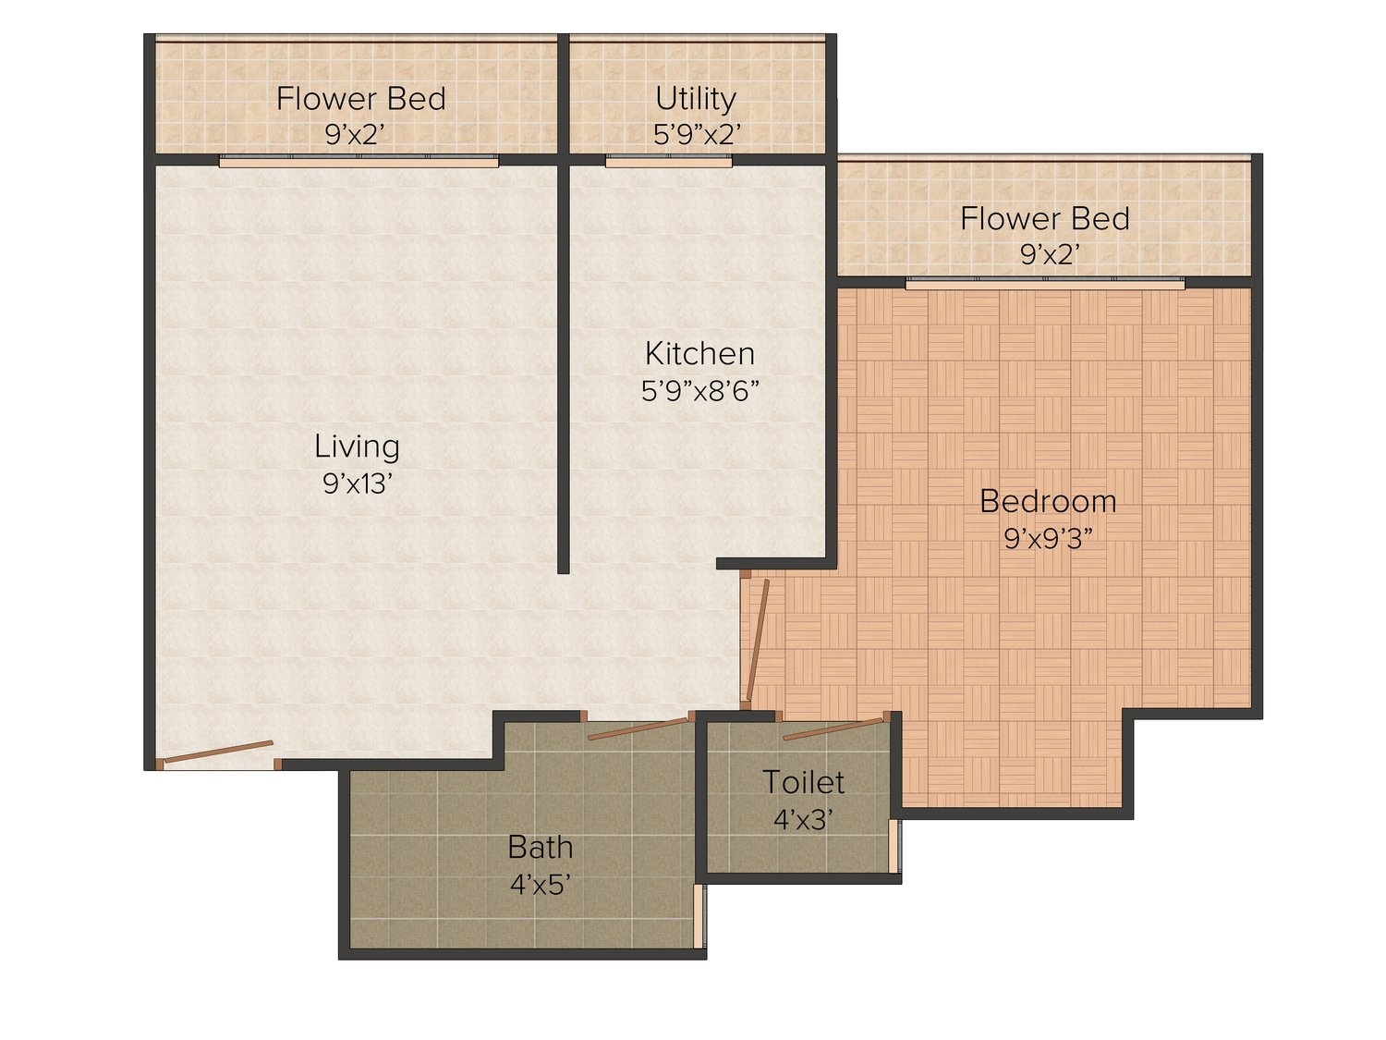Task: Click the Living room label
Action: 357,447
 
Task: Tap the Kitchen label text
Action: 699,354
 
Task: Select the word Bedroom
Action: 1048,501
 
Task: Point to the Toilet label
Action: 803,782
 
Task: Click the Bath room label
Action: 540,847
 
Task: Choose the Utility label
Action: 695,99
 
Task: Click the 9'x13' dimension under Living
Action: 358,483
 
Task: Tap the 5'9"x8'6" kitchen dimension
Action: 699,391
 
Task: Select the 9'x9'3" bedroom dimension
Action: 1048,539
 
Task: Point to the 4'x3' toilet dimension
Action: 803,820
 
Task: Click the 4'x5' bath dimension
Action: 540,885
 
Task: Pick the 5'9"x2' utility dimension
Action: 697,134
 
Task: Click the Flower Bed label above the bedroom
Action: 1044,219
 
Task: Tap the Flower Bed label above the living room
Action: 360,99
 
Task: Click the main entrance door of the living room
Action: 218,752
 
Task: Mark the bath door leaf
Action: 638,728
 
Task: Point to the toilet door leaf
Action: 833,728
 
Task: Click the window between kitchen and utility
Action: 669,161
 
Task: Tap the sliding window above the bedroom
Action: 1045,284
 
